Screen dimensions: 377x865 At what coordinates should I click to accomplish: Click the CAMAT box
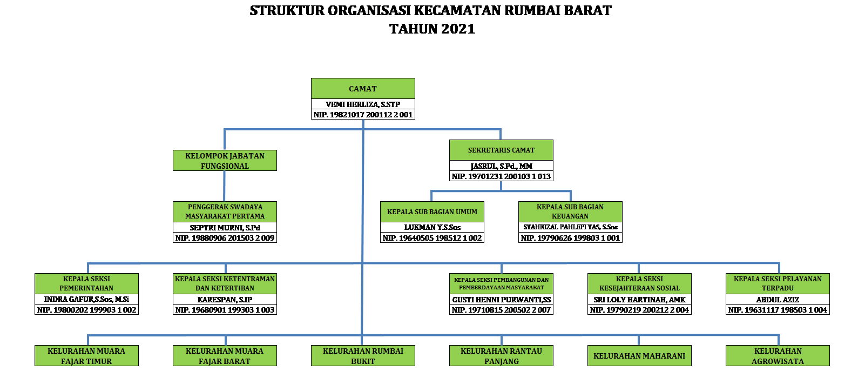pos(363,88)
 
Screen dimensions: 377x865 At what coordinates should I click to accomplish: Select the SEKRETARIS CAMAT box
pos(501,150)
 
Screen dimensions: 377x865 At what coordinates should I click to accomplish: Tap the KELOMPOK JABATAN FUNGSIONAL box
pos(225,160)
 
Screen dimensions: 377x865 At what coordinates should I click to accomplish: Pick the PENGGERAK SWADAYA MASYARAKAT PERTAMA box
pos(225,211)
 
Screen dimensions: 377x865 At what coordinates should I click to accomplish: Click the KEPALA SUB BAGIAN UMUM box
pos(432,211)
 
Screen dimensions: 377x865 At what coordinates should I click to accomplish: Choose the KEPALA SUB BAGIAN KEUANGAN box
pos(570,211)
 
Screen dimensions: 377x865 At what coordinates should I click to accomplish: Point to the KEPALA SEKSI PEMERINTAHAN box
pos(86,283)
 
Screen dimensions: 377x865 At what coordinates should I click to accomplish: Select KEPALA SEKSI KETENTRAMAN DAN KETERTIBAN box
pos(225,283)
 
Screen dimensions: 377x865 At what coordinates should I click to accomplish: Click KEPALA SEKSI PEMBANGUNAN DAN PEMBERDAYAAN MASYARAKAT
pos(501,283)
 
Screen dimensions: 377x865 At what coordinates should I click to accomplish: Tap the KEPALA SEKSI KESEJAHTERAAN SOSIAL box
pos(639,283)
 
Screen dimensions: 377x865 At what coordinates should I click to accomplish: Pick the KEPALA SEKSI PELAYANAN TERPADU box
pos(778,283)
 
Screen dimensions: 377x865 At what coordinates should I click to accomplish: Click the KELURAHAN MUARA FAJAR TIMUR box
pos(86,356)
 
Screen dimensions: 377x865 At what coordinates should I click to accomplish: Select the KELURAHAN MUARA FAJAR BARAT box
pos(225,356)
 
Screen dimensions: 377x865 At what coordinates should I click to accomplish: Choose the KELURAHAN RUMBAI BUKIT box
pos(363,356)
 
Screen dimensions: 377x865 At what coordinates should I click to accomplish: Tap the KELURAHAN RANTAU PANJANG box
pos(501,356)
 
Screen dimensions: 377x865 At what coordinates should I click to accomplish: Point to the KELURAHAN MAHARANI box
pos(639,356)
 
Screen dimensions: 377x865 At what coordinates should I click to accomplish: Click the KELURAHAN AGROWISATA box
pos(778,356)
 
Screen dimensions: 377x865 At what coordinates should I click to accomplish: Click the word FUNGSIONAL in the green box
pos(225,166)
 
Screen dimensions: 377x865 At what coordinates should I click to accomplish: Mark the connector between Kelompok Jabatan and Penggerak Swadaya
pos(225,186)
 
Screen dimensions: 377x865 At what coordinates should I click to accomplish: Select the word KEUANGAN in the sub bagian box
pos(570,216)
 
